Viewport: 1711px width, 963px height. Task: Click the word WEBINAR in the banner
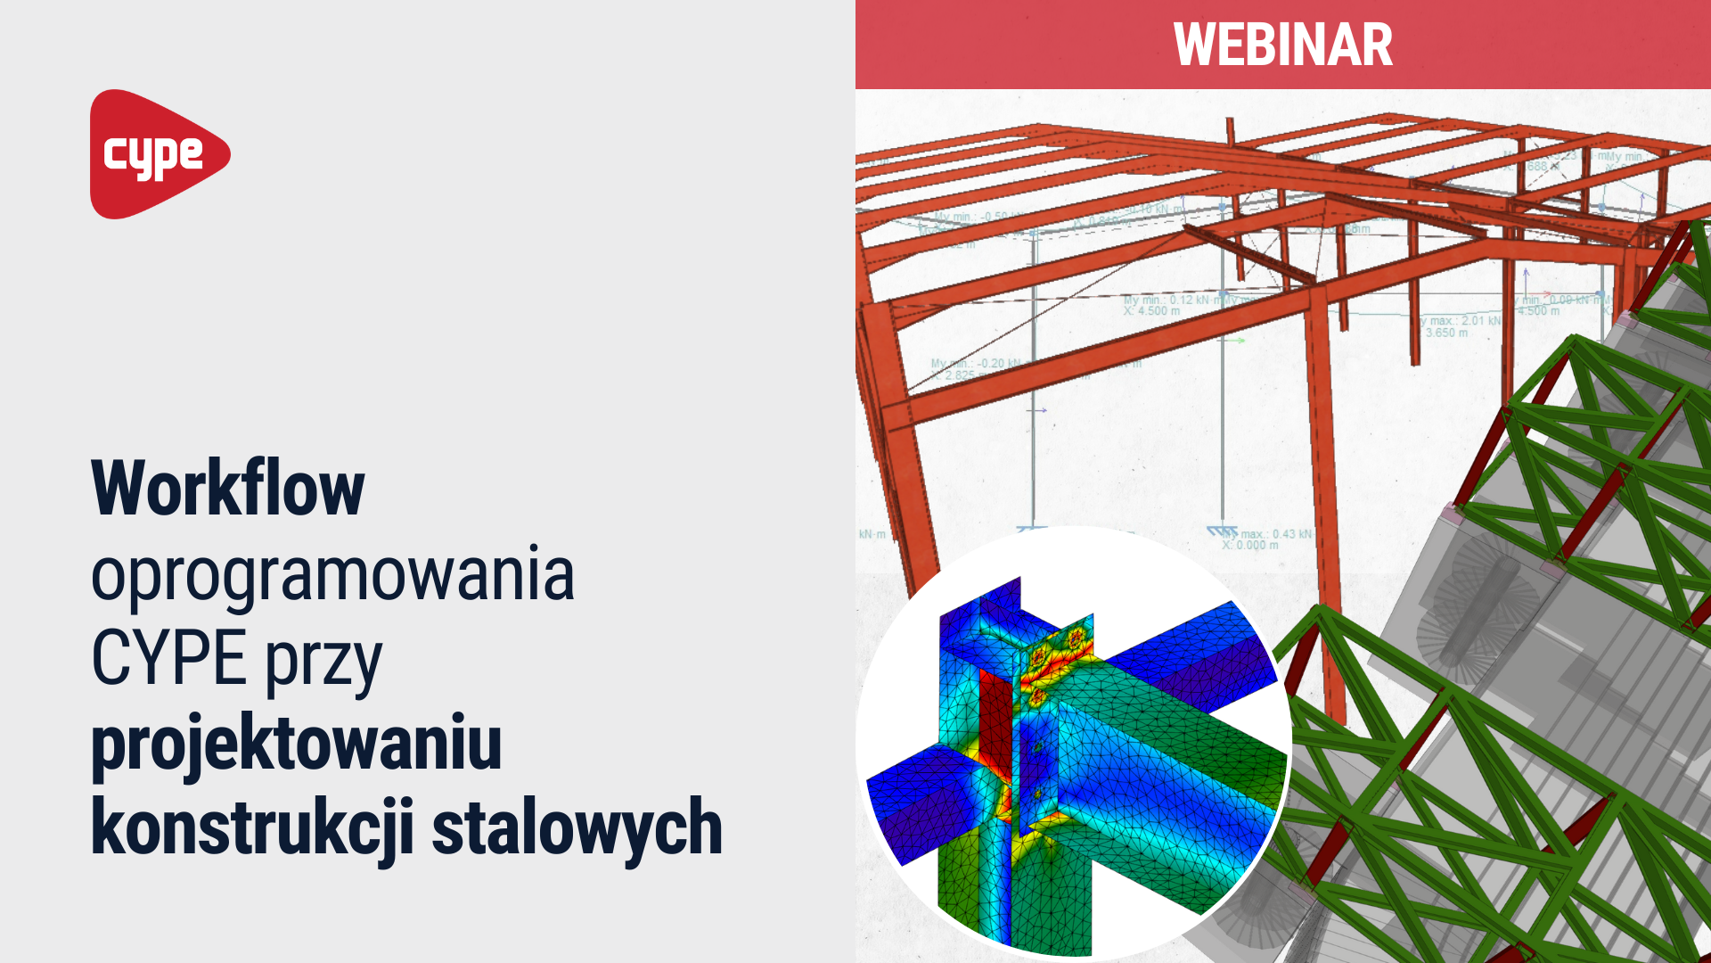tap(1282, 45)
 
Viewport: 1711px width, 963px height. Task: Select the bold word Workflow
tap(228, 488)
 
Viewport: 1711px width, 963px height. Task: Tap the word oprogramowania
tap(332, 575)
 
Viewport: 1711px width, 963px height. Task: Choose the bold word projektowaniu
tap(297, 745)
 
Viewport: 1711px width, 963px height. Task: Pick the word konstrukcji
tap(252, 828)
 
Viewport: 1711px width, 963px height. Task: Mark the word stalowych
tap(577, 828)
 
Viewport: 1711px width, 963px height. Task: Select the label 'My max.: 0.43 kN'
tap(1265, 533)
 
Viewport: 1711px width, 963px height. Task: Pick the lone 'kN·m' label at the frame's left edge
tap(872, 534)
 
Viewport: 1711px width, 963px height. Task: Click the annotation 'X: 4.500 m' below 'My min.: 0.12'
tap(1151, 311)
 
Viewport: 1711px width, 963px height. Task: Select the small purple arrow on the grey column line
tap(1037, 410)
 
